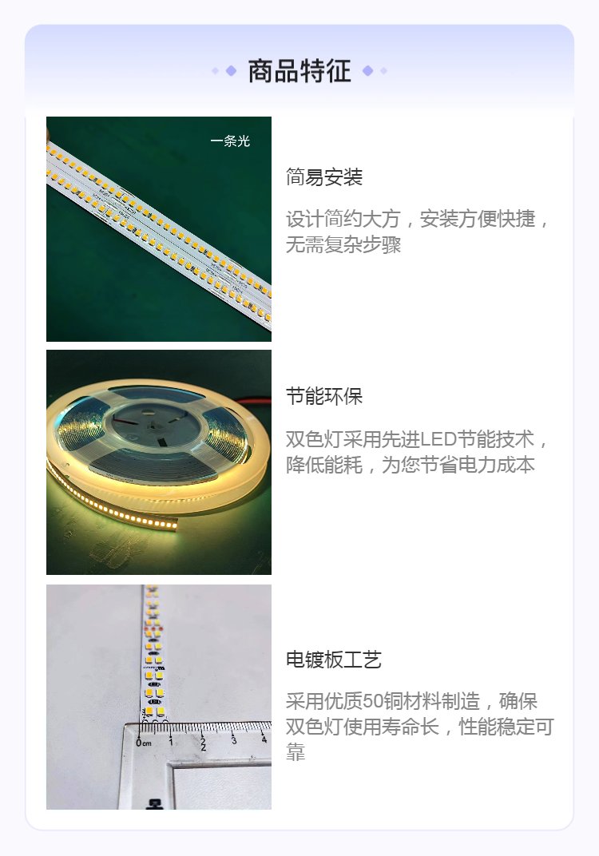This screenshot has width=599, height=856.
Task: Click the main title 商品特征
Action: (x=299, y=71)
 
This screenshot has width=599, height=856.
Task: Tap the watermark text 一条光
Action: (x=230, y=141)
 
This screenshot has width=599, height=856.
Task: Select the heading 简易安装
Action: (x=323, y=177)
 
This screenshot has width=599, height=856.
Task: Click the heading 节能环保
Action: (x=323, y=396)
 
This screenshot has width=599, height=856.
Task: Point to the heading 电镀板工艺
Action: (x=334, y=660)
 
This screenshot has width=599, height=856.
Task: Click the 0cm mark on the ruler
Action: (x=144, y=743)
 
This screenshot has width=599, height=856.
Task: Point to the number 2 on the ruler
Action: (x=203, y=743)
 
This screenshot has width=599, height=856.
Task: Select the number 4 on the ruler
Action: (x=264, y=739)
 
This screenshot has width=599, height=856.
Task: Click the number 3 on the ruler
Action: (x=234, y=739)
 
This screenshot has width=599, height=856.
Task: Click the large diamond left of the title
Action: (x=231, y=70)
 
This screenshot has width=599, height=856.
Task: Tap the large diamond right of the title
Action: (x=368, y=70)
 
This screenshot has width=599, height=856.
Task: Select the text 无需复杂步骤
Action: (x=343, y=244)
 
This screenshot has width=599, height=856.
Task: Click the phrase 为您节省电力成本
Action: (x=458, y=465)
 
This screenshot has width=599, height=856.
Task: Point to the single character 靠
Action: (x=295, y=753)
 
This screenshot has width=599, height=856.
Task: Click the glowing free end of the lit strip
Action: (x=173, y=525)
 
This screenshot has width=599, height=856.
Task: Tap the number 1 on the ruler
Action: (x=171, y=741)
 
